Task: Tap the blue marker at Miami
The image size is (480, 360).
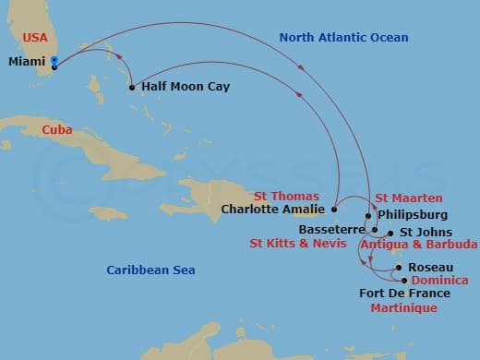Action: pyautogui.click(x=55, y=62)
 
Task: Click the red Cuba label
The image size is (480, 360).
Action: pyautogui.click(x=57, y=130)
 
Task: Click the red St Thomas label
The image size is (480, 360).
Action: pyautogui.click(x=288, y=197)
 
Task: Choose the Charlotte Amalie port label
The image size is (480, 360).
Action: pyautogui.click(x=273, y=210)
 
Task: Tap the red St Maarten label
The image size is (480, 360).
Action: pyautogui.click(x=409, y=198)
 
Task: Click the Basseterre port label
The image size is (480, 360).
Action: pyautogui.click(x=333, y=228)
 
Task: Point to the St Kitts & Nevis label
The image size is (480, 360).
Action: pyautogui.click(x=297, y=245)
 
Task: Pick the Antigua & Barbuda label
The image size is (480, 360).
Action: pyautogui.click(x=418, y=245)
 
